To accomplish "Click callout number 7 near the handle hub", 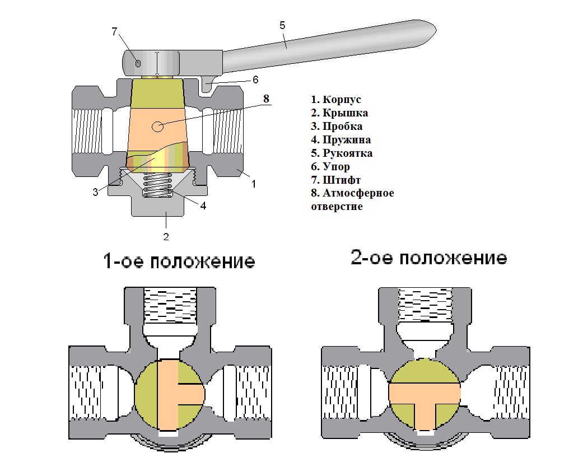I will point(114,31).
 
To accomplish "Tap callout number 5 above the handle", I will point(282,25).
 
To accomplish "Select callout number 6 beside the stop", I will point(255,80).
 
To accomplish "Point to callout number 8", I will point(267,99).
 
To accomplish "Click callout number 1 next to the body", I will point(253,183).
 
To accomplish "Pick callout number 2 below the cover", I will point(166,236).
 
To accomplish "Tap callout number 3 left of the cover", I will point(95,192).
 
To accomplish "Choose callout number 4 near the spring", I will point(203,206).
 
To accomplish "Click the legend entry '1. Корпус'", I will point(336,100).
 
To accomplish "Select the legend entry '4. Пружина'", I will point(341,139).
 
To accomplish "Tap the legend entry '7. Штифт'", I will point(336,180).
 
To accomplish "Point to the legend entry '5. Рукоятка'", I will point(342,153).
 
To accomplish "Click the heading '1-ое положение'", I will point(179,261).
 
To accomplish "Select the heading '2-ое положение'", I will point(428,258).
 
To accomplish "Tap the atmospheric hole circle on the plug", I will point(158,127).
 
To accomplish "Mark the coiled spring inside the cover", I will point(158,185).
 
